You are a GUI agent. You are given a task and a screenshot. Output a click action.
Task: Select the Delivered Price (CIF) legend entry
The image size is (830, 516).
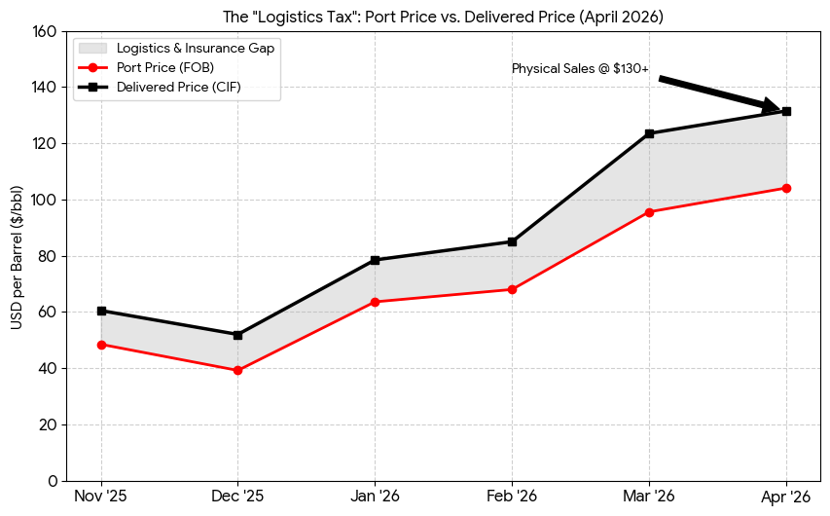[x=178, y=87]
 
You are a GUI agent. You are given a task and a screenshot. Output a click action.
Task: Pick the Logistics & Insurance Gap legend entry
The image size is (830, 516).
[x=195, y=48]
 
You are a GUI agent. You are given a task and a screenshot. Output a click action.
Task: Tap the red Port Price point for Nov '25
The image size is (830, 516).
[x=101, y=345]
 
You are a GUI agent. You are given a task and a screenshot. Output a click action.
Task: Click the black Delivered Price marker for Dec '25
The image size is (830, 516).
[x=237, y=335]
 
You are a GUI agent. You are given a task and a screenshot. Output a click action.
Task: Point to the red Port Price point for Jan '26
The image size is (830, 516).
[x=375, y=302]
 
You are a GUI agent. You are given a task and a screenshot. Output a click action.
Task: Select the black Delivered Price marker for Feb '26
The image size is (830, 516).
[x=512, y=241]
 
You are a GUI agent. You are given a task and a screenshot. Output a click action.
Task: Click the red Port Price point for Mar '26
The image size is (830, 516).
[x=649, y=211]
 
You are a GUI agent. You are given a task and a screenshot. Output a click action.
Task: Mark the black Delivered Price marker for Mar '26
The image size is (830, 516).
[x=649, y=133]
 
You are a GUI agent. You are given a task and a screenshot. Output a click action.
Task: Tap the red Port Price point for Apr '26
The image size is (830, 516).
[x=786, y=188]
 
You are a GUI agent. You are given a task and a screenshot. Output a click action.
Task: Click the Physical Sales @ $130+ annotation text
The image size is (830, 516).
[x=580, y=69]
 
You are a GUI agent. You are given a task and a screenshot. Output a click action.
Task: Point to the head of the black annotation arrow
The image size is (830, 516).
[x=778, y=108]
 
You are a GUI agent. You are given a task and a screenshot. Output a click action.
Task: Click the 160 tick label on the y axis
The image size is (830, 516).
[x=45, y=31]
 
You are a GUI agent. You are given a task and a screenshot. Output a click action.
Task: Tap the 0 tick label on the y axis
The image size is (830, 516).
[x=53, y=481]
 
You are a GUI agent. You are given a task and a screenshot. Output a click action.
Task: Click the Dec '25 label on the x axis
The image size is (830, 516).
[x=237, y=498]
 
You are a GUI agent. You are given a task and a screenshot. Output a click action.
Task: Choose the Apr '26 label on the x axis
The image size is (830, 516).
[x=786, y=498]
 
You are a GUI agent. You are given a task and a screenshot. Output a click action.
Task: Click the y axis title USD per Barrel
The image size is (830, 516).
[x=18, y=256]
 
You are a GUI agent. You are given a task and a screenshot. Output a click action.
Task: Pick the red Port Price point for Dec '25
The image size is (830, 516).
[x=237, y=370]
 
